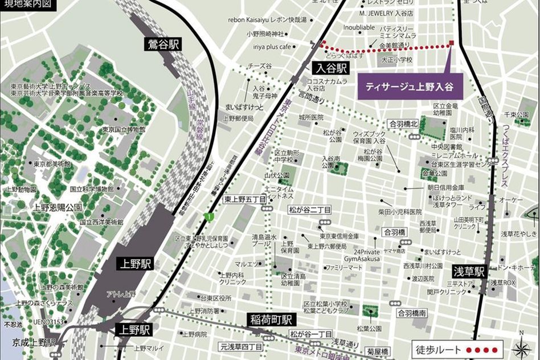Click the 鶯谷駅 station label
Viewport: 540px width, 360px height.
tap(163, 44)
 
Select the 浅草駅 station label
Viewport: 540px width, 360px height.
tap(470, 271)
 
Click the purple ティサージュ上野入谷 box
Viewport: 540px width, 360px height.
tap(409, 87)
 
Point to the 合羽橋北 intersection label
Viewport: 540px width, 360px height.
tap(403, 123)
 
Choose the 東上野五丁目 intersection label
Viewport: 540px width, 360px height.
tap(244, 199)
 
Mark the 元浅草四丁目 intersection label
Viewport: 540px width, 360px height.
tap(241, 346)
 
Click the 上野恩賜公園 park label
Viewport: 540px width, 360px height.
tap(58, 207)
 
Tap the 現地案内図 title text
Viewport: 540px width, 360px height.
tap(28, 5)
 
